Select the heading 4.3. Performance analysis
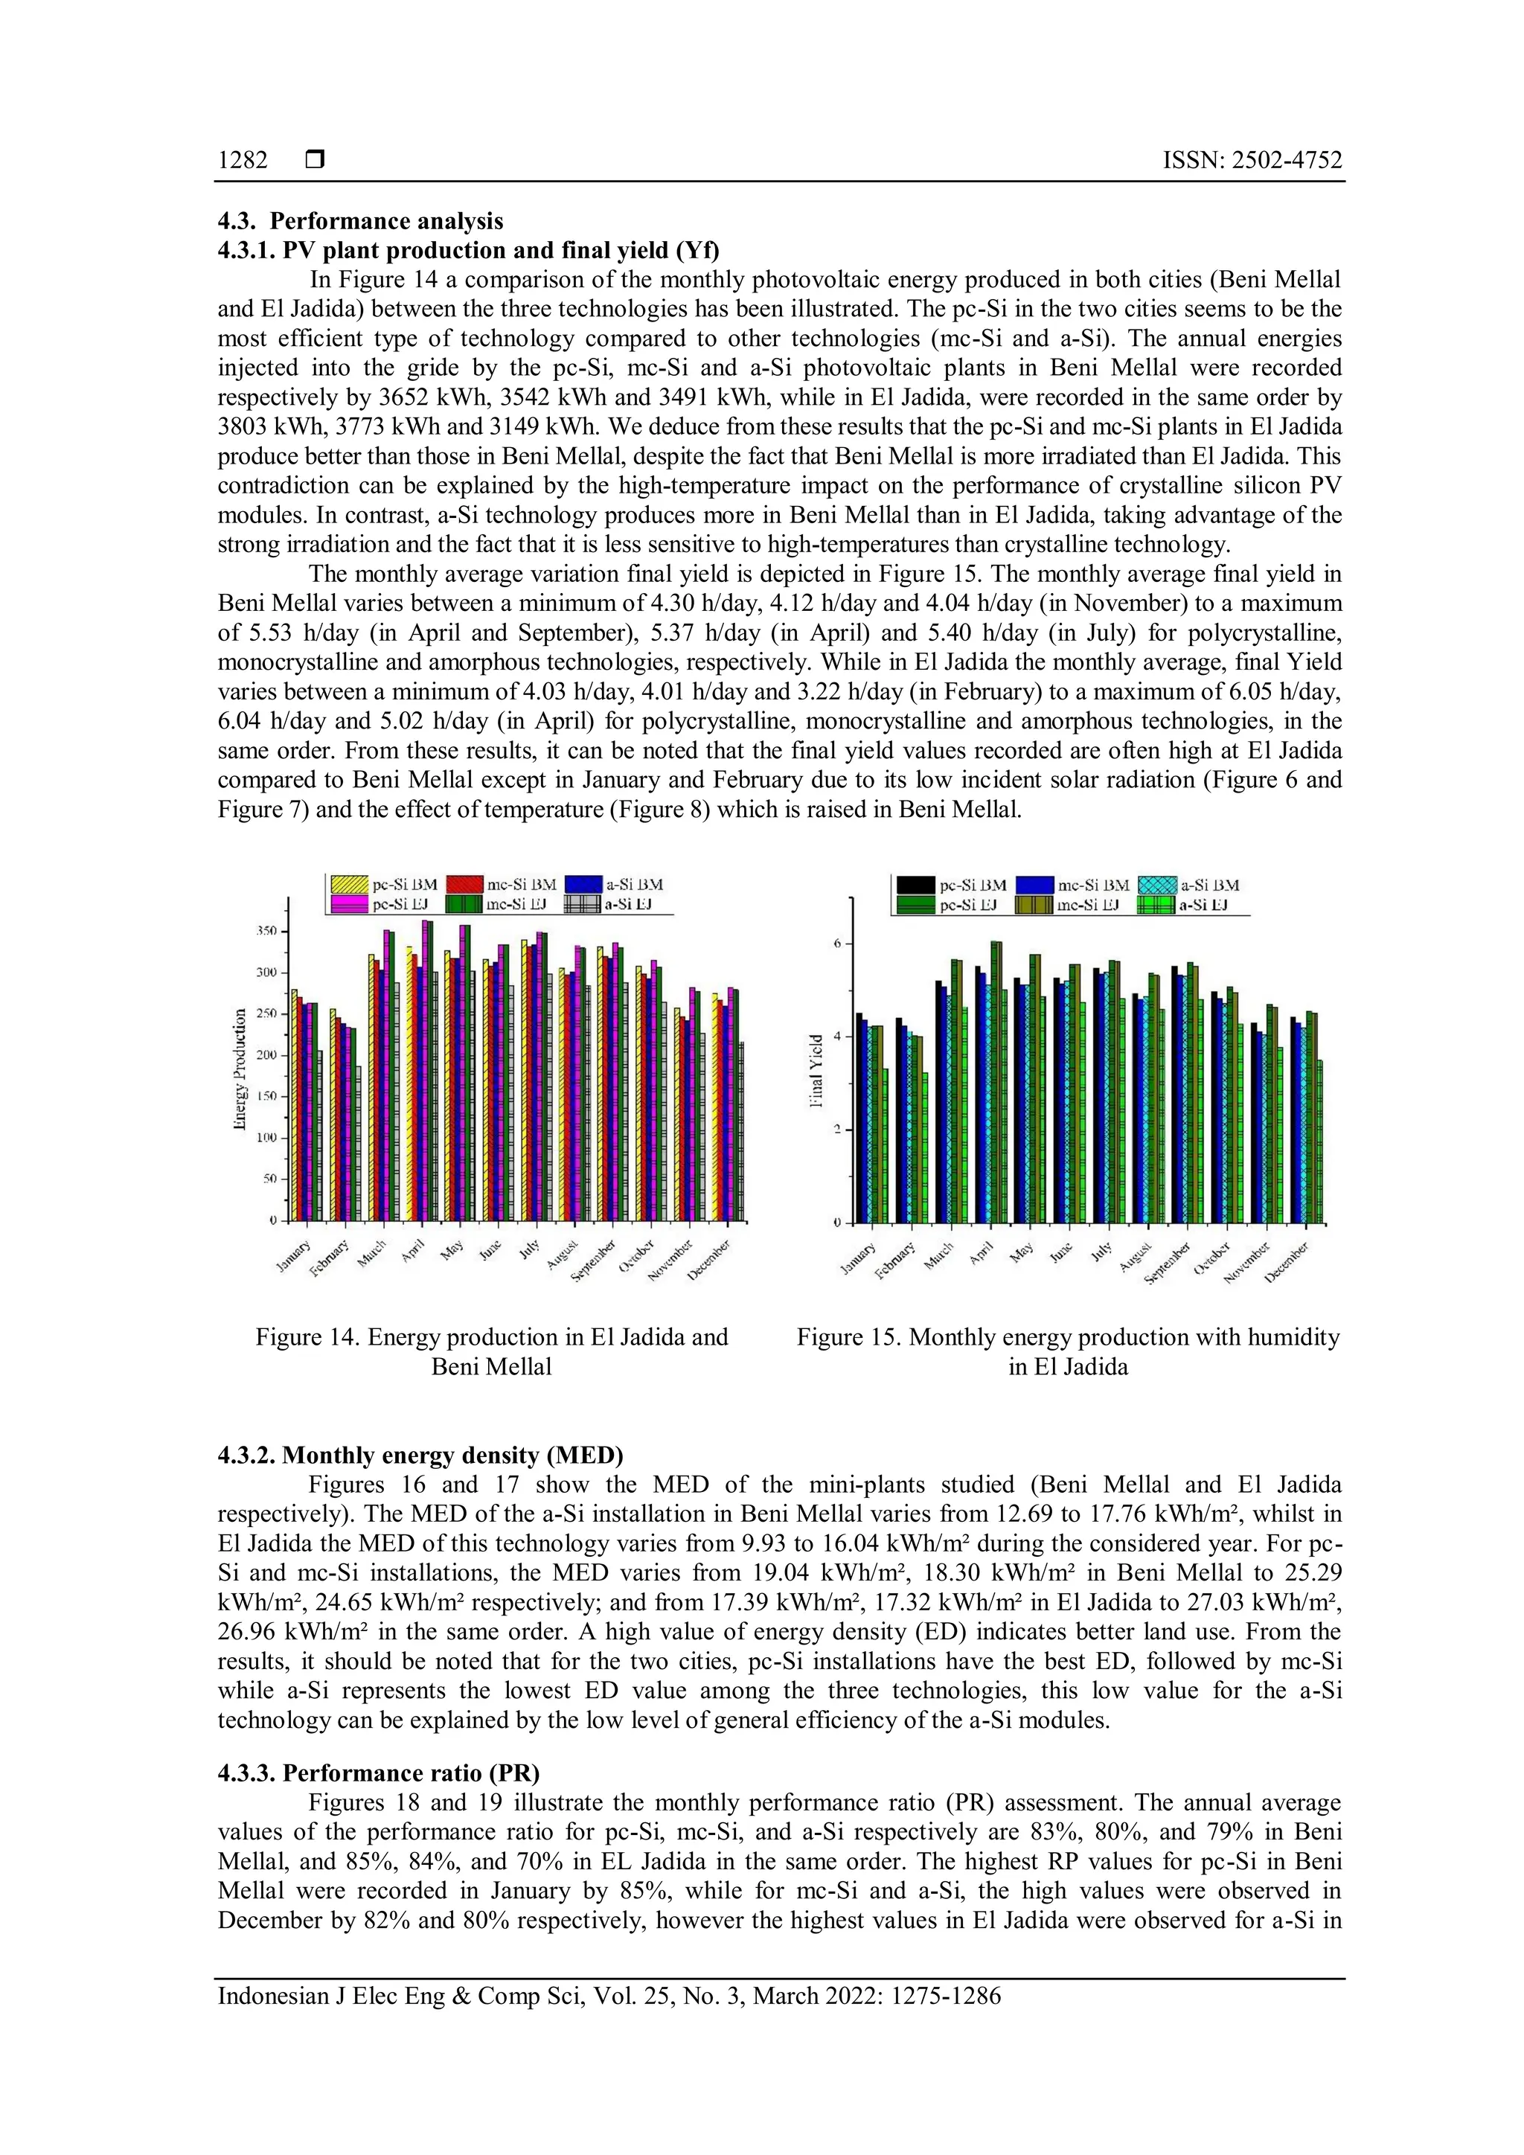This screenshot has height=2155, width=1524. pyautogui.click(x=360, y=222)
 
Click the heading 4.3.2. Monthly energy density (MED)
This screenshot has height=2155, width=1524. pyautogui.click(x=420, y=1455)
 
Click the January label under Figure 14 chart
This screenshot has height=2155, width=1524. pyautogui.click(x=295, y=1256)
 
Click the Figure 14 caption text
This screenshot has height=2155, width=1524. pyautogui.click(x=491, y=1351)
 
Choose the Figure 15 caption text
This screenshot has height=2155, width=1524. pyautogui.click(x=1068, y=1351)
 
